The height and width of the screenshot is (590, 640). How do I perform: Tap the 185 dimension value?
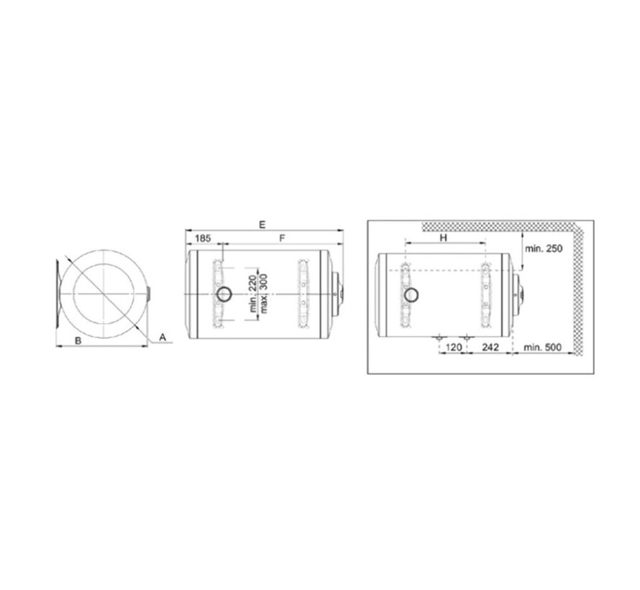203,237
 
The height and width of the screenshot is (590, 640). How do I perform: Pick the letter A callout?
163,336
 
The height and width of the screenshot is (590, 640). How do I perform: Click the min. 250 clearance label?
544,248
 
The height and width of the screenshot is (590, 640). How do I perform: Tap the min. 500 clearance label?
543,348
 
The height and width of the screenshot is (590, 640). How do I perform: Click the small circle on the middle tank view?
224,294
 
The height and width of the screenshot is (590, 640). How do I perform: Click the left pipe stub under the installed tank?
439,336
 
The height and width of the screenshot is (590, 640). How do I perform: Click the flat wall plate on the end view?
55,295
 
